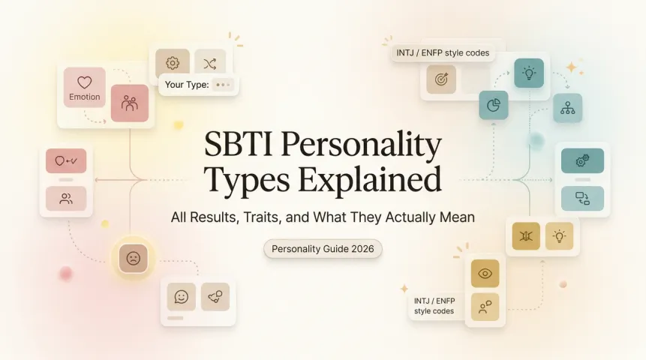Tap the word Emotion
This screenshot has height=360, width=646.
click(84, 97)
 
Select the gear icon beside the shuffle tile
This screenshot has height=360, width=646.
click(172, 62)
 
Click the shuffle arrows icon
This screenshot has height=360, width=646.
click(209, 63)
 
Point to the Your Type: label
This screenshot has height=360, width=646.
click(186, 85)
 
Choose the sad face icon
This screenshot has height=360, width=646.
click(133, 258)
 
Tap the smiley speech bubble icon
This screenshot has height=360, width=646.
click(181, 296)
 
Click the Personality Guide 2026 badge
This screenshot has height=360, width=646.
click(323, 249)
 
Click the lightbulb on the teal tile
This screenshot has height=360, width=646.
click(528, 73)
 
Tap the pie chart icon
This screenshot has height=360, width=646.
click(494, 105)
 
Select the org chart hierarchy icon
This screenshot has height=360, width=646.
click(566, 108)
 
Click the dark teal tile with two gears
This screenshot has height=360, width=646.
click(582, 160)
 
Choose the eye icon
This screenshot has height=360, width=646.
click(485, 273)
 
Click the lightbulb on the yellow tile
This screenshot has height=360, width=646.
click(560, 236)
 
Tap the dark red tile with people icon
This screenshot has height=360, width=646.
click(129, 103)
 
